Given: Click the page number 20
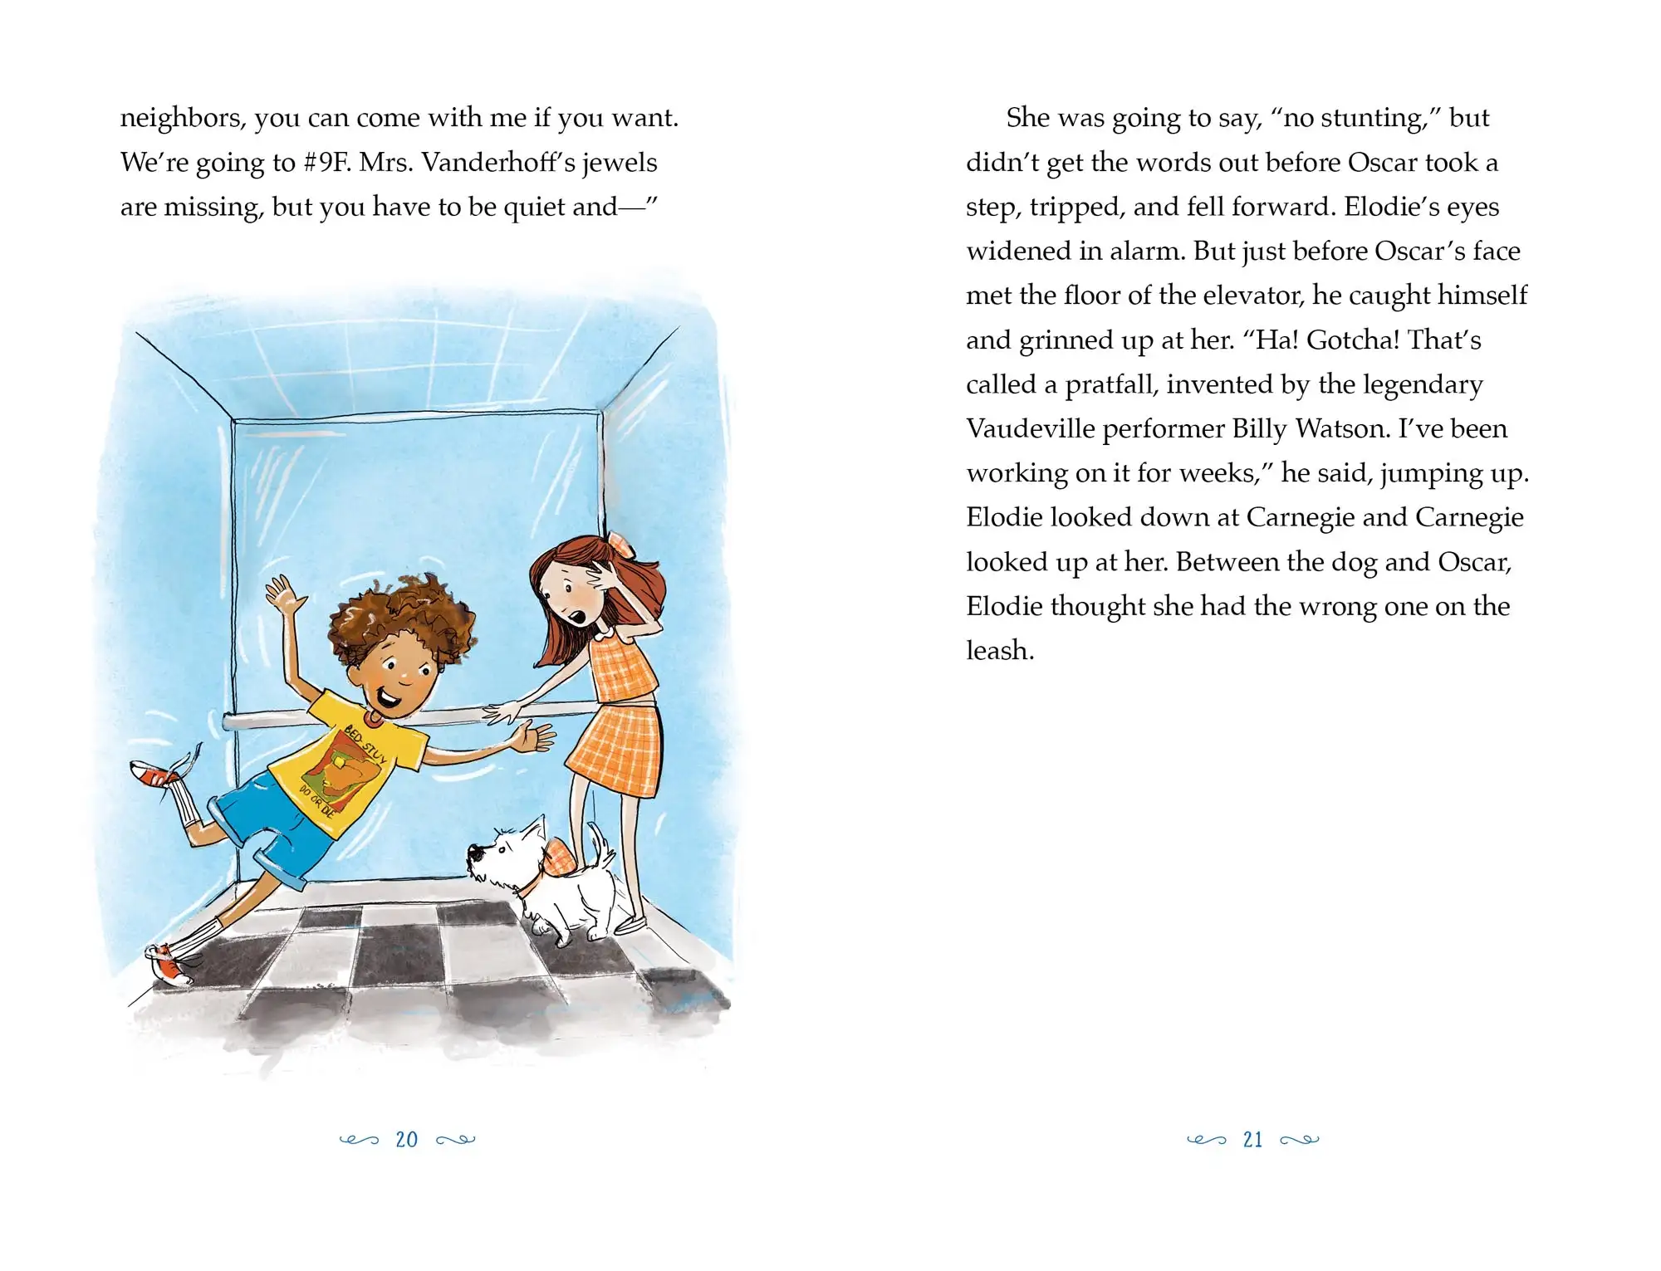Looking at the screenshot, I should click(x=407, y=1140).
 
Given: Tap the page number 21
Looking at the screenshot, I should click(x=1252, y=1140).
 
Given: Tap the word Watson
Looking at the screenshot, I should click(x=1342, y=429).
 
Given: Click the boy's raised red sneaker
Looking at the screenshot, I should click(x=153, y=774).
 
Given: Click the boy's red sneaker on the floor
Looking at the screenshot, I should click(x=170, y=965).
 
